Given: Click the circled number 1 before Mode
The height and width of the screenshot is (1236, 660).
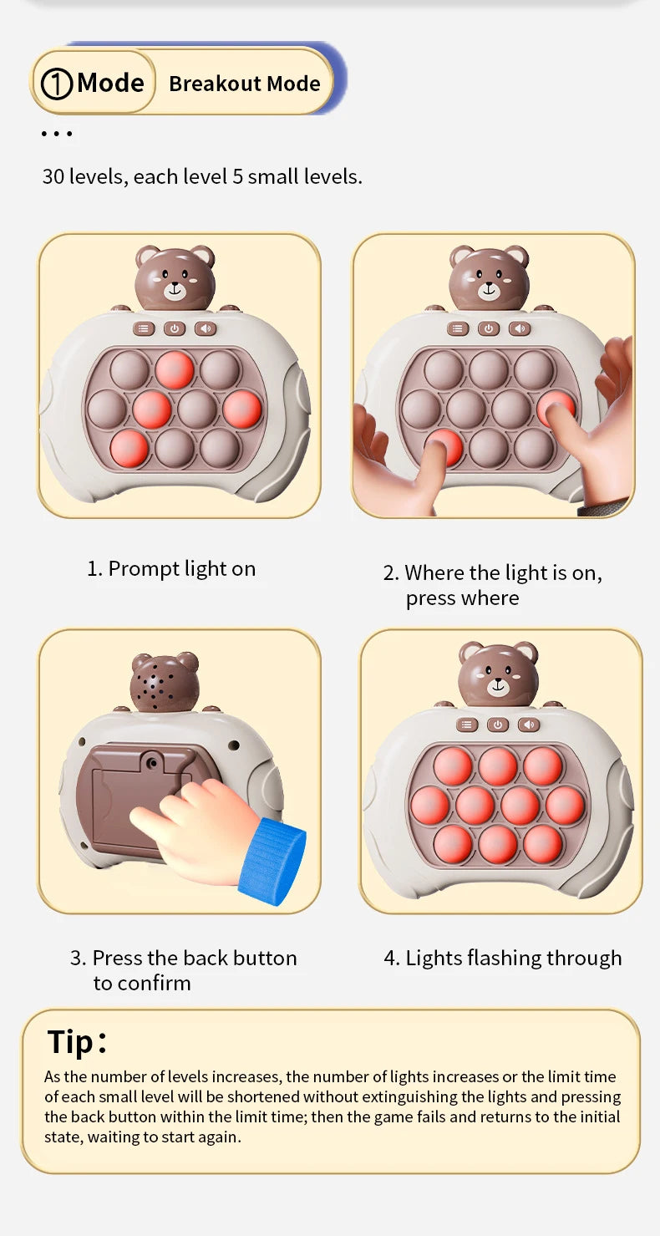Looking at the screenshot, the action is tap(57, 84).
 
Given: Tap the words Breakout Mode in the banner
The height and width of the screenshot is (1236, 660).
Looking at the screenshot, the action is tap(245, 84).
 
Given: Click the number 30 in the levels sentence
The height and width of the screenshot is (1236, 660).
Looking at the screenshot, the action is tap(53, 176).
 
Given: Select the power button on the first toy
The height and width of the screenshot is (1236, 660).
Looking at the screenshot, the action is tap(175, 329).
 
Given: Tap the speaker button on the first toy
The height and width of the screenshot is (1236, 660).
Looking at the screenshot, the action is tap(206, 329).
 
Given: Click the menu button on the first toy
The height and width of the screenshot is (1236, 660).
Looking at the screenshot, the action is tap(144, 329).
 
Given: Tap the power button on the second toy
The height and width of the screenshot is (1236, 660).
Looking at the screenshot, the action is tap(489, 329).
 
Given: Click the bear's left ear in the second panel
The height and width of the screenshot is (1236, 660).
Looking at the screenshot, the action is tap(459, 256).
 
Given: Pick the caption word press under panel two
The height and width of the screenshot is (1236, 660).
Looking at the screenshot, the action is tap(430, 599).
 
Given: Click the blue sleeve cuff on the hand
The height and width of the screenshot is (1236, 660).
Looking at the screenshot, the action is tap(272, 862).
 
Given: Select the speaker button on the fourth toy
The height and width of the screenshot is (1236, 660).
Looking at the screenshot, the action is tap(529, 725).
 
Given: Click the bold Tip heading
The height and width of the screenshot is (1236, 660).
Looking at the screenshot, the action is tap(76, 1042).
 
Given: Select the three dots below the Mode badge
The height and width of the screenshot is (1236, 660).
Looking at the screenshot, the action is tap(57, 134).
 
